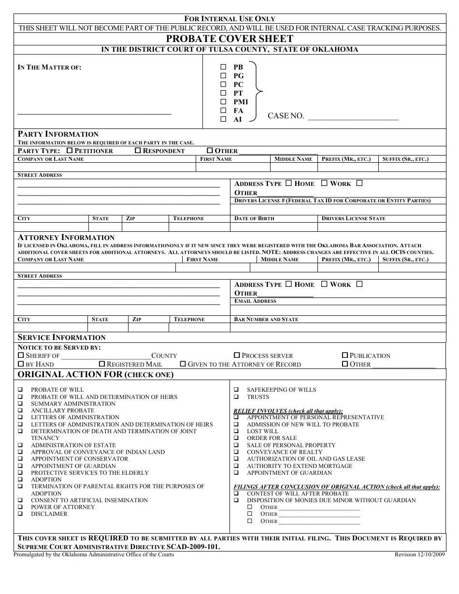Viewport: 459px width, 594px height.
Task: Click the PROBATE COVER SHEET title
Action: coord(229,39)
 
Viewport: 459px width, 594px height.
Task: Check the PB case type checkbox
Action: coord(223,67)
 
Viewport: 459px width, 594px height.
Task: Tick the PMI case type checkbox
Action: coord(223,102)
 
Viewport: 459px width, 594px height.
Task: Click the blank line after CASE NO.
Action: coord(353,116)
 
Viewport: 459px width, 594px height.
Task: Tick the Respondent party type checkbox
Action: coord(138,151)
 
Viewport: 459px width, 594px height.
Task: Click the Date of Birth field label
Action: coord(254,219)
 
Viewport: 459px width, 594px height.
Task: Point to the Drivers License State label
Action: coord(353,219)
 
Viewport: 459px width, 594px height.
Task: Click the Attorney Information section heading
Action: coord(66,238)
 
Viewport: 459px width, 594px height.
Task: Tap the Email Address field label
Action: coord(255,301)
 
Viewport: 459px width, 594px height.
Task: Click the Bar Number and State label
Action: coord(266,320)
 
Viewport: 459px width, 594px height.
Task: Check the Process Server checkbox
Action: coord(237,355)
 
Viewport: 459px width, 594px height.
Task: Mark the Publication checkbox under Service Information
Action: coord(345,355)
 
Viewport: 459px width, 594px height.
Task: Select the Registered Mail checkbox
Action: coord(102,364)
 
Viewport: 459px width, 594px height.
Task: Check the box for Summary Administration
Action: coord(21,404)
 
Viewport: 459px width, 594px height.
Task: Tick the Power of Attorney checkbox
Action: coord(21,507)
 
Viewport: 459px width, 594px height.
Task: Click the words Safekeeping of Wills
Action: coord(281,390)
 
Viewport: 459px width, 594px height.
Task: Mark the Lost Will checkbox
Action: coord(236,431)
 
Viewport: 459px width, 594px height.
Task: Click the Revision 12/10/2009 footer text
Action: coord(419,555)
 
